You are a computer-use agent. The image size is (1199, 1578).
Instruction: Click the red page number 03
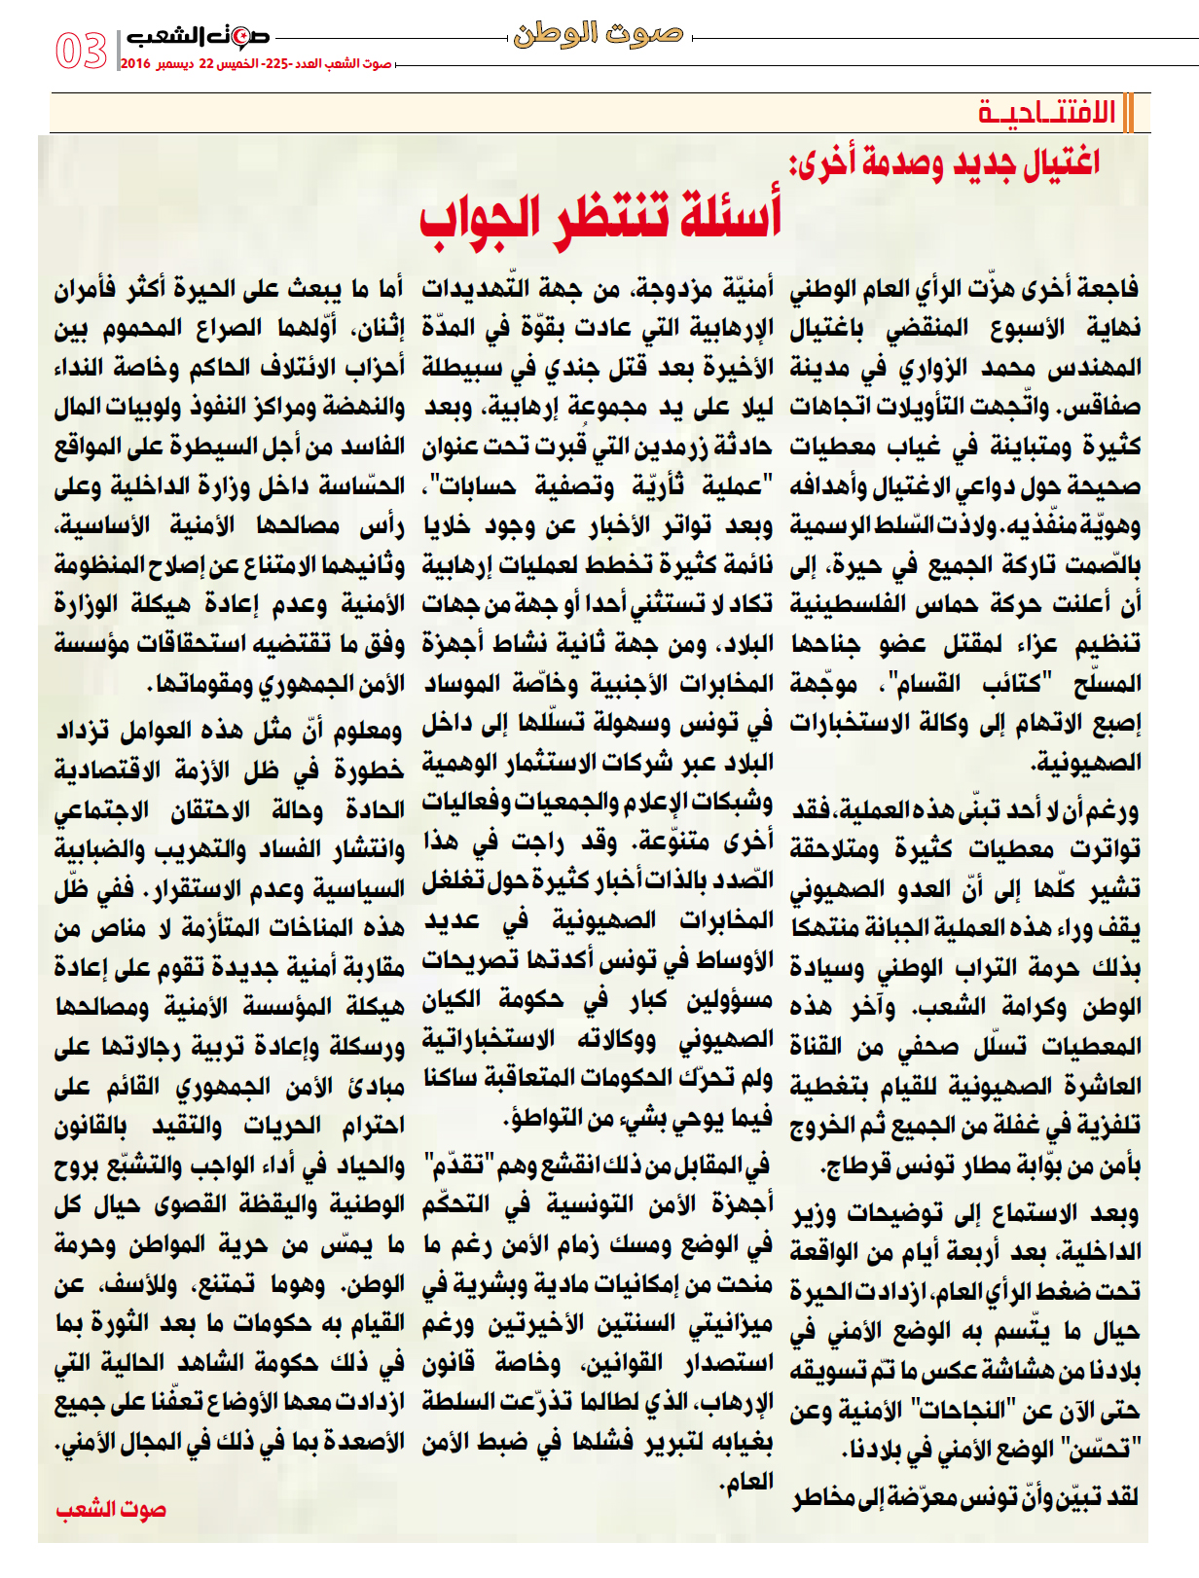[81, 51]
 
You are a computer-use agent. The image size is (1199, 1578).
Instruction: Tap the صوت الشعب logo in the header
[198, 38]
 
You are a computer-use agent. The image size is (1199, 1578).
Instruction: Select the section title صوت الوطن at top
[599, 35]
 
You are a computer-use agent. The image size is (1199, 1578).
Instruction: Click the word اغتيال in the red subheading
[1060, 162]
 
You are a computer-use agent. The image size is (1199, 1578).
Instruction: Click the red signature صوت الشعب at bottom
[110, 1510]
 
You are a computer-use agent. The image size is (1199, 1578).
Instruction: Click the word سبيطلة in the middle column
[458, 369]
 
